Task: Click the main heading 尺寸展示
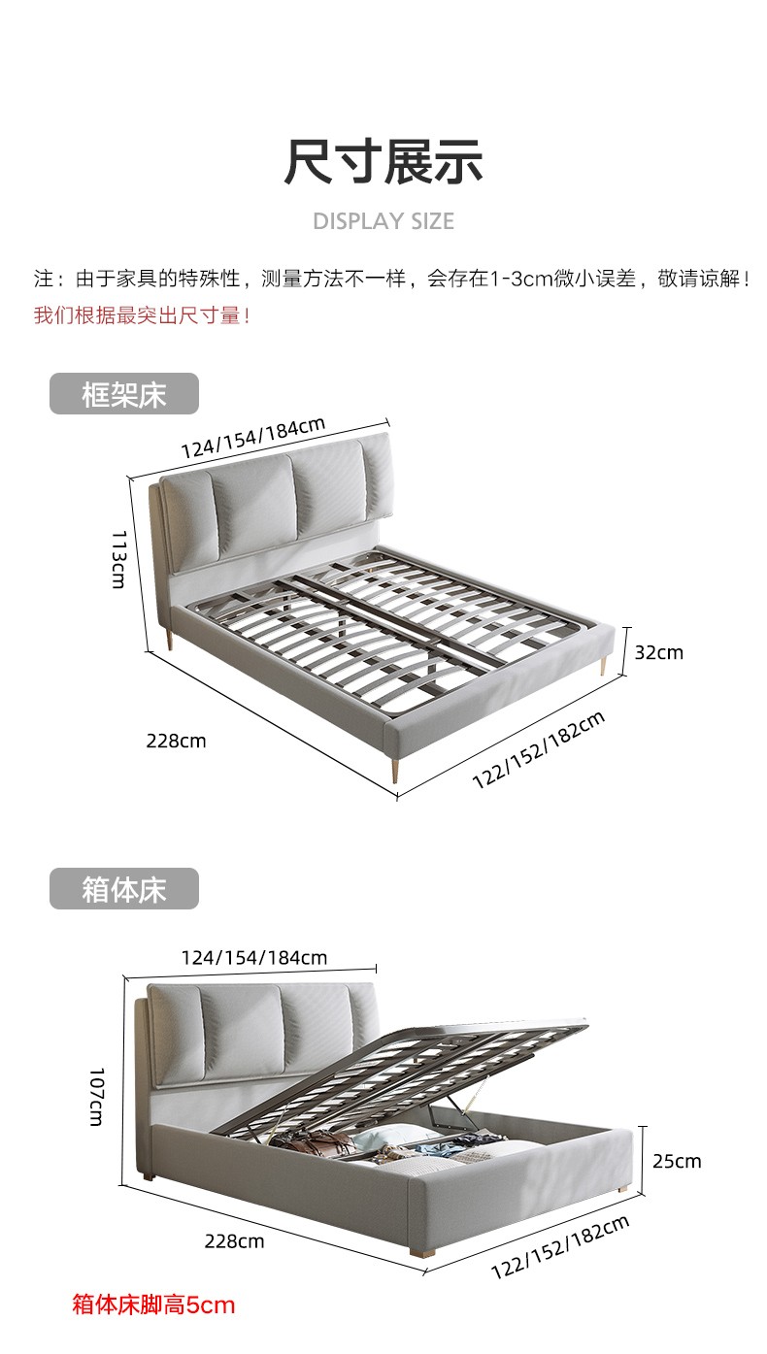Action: click(383, 161)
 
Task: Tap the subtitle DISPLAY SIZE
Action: click(383, 221)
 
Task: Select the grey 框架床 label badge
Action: click(124, 394)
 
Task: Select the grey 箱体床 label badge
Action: click(124, 889)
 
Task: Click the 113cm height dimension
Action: click(117, 559)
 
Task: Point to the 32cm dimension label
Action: click(658, 652)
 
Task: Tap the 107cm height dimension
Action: click(97, 1097)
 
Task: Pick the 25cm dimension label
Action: click(676, 1161)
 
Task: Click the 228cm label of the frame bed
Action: click(176, 741)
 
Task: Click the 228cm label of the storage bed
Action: click(234, 1240)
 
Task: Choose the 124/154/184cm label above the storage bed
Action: click(254, 958)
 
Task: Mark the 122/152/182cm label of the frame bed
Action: click(539, 749)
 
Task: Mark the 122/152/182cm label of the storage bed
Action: click(559, 1246)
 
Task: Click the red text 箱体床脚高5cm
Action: click(153, 1304)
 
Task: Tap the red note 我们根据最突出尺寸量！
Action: click(143, 315)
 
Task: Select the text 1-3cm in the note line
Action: click(520, 280)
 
